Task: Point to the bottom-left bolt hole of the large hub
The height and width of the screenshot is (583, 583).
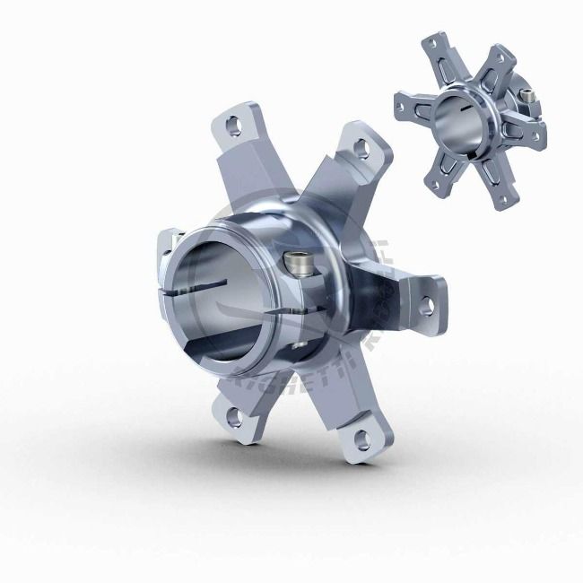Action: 233,414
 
